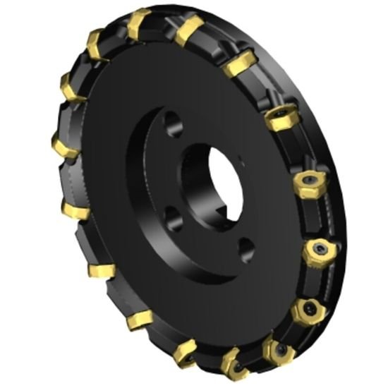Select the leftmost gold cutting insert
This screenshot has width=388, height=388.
(66, 145)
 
